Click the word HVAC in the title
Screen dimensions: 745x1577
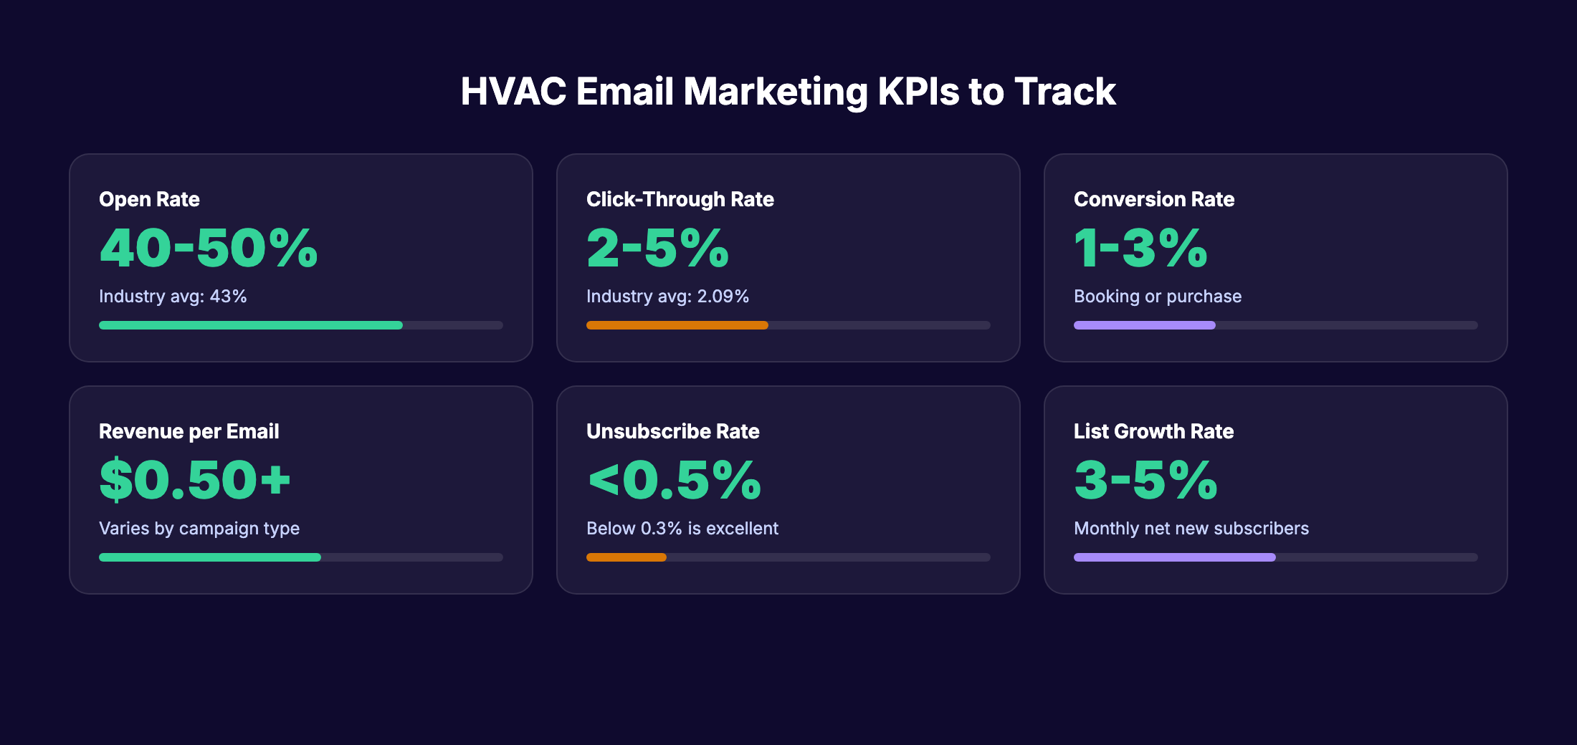click(513, 92)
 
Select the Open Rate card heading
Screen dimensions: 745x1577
click(149, 199)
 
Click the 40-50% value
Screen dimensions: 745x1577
click(208, 249)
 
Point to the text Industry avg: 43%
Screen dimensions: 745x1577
click(173, 297)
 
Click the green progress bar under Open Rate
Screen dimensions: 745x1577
click(251, 325)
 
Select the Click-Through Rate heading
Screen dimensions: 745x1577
click(680, 199)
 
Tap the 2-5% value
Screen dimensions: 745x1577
click(657, 249)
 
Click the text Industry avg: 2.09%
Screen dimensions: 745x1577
click(667, 297)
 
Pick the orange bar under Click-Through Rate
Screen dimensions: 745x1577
click(677, 325)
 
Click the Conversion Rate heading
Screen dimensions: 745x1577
click(1153, 199)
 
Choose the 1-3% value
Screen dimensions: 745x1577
click(1140, 249)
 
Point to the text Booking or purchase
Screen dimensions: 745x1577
click(1157, 297)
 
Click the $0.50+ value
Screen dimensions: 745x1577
click(195, 481)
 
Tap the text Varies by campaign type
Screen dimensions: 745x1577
click(199, 529)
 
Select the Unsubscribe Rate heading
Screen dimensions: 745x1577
click(672, 431)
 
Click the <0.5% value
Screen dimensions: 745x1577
click(674, 481)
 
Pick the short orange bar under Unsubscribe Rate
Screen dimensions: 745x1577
click(626, 557)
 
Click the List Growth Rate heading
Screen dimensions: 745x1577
click(1153, 431)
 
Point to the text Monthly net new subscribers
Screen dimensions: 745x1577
click(1191, 529)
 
